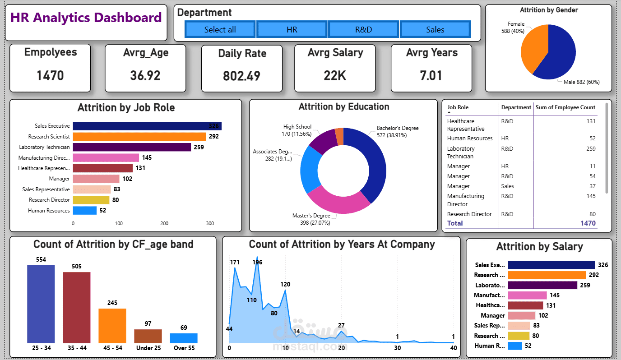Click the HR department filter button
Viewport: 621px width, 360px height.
click(x=292, y=29)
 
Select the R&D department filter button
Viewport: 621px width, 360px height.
click(x=363, y=29)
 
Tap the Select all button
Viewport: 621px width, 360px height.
click(x=220, y=29)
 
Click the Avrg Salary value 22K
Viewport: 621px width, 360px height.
click(x=335, y=75)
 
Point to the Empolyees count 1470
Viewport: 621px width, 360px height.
click(x=50, y=75)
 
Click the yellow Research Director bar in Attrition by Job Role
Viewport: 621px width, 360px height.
click(x=91, y=200)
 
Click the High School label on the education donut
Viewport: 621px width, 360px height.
click(x=297, y=127)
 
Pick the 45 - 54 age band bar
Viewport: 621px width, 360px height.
click(x=112, y=325)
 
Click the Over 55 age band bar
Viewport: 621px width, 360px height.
click(x=184, y=338)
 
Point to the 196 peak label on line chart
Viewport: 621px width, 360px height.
click(x=257, y=262)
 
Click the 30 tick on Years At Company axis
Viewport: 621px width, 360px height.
click(x=397, y=348)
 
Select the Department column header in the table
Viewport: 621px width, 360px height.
click(x=516, y=107)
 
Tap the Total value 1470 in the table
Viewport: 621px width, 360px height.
click(x=588, y=223)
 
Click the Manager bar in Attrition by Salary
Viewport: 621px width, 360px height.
click(x=521, y=316)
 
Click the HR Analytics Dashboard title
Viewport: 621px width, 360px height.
click(x=86, y=18)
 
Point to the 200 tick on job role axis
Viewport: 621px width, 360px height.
click(x=164, y=223)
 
